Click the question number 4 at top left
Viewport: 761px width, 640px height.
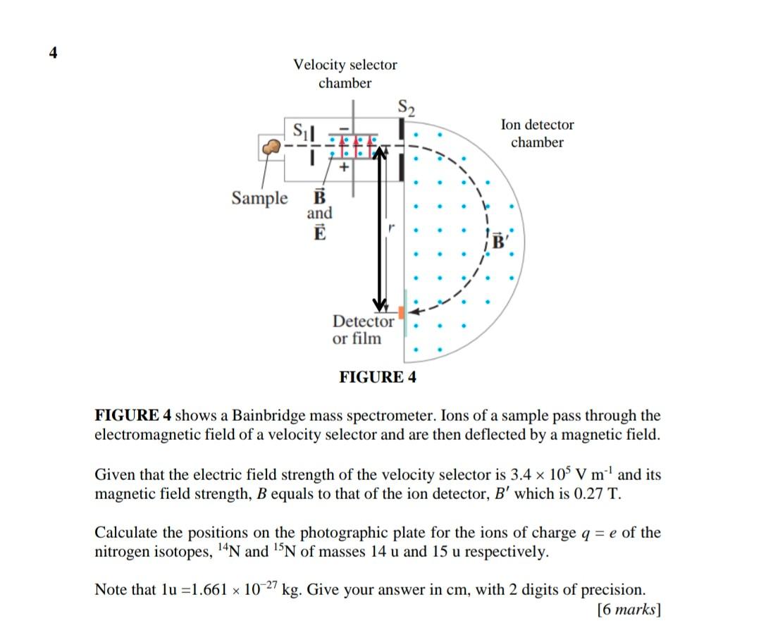coord(53,52)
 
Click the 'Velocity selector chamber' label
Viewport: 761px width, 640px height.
coord(345,74)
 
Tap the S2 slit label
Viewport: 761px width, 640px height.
coord(407,108)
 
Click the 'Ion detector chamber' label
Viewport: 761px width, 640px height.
coord(537,133)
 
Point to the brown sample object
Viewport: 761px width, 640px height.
coord(270,147)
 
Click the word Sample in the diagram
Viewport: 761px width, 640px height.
coord(260,198)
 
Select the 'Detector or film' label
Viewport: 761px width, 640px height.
coord(363,330)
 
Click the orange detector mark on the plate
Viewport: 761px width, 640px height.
coord(401,312)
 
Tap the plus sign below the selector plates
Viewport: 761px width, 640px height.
coord(344,168)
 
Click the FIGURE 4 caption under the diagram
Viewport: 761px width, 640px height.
coord(378,377)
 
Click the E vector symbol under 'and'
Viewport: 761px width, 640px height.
coord(319,233)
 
